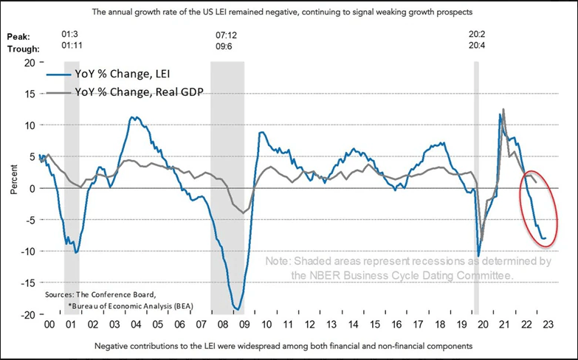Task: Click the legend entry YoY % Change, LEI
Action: tap(129, 77)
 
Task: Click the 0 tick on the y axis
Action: tap(32, 188)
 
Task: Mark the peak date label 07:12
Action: tap(226, 35)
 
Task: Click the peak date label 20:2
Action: tap(478, 35)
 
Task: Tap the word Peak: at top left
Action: tap(19, 35)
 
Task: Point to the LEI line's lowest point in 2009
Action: tap(238, 309)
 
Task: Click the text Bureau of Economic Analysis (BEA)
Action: tap(114, 304)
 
